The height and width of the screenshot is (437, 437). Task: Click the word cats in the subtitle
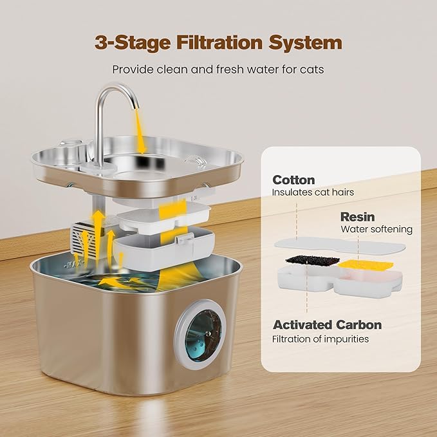coord(311,69)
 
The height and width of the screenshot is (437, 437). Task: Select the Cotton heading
coord(293,180)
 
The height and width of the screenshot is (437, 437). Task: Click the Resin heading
coord(357,218)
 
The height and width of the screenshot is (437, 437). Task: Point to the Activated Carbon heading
coord(327,325)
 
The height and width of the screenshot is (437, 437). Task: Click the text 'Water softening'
coord(377,229)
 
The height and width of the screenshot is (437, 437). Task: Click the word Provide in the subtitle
coord(133,69)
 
